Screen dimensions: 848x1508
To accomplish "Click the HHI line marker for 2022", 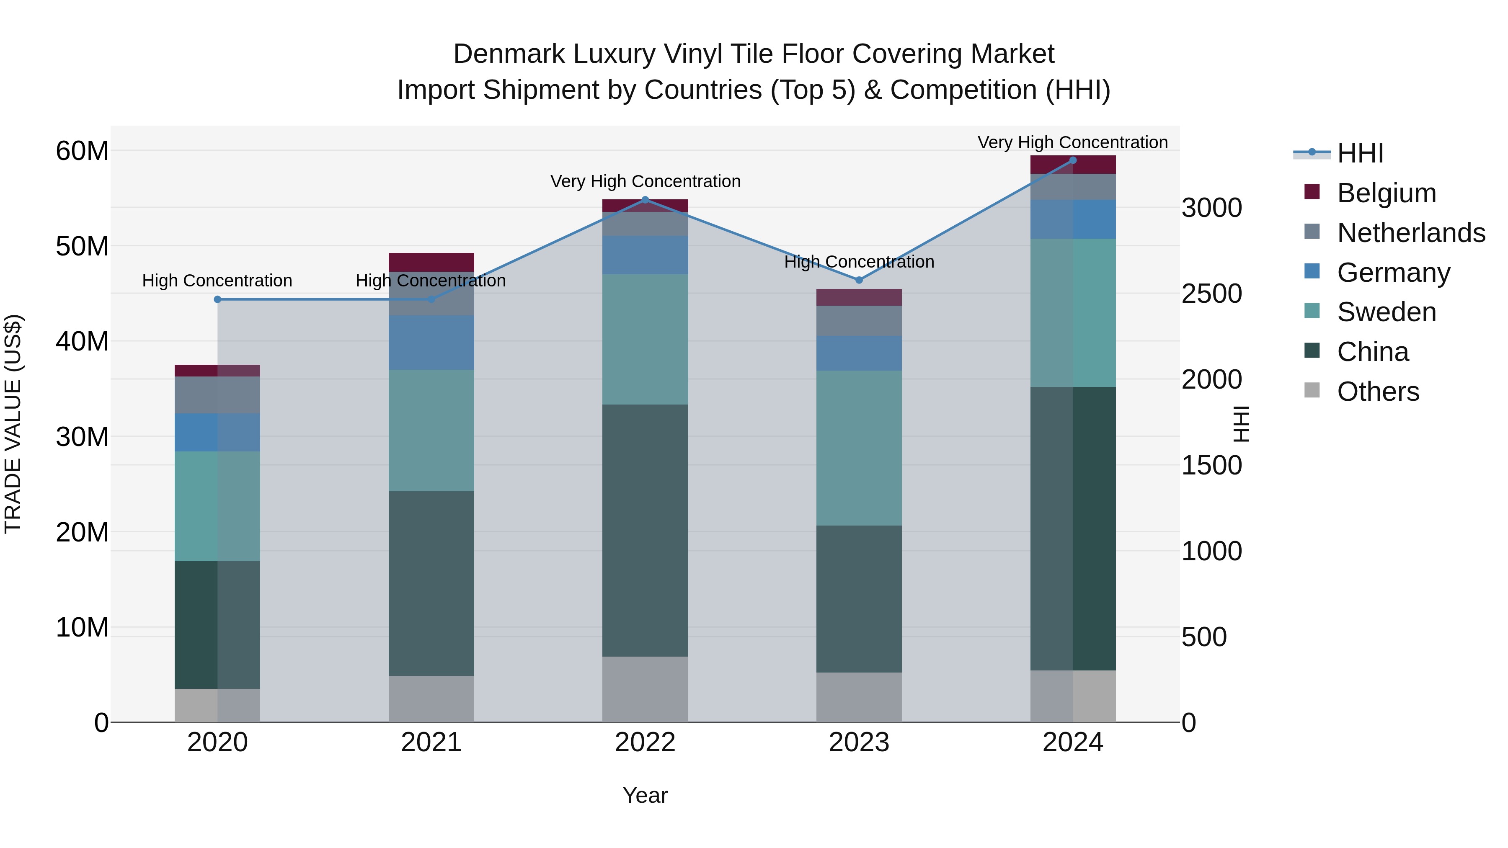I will pyautogui.click(x=645, y=200).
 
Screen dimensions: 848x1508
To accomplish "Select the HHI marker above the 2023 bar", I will pyautogui.click(x=859, y=280).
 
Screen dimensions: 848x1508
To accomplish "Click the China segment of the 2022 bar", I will pyautogui.click(x=645, y=530).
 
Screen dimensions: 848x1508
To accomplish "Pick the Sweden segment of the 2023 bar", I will pyautogui.click(x=859, y=448).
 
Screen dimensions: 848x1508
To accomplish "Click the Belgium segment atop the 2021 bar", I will pyautogui.click(x=431, y=262).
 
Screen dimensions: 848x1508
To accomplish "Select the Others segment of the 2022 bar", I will pyautogui.click(x=645, y=689).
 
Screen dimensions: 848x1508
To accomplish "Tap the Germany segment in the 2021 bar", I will pyautogui.click(x=431, y=343).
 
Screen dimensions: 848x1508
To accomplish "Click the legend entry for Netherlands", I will pyautogui.click(x=1411, y=233).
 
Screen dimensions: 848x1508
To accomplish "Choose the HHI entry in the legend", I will pyautogui.click(x=1360, y=153).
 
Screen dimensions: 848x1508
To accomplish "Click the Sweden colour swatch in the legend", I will pyautogui.click(x=1312, y=311).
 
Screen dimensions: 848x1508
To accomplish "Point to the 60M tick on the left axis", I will pyautogui.click(x=82, y=151).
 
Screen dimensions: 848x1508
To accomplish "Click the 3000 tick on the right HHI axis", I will pyautogui.click(x=1211, y=208).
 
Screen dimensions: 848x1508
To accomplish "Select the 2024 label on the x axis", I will pyautogui.click(x=1072, y=742).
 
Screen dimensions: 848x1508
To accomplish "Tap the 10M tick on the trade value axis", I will pyautogui.click(x=82, y=627).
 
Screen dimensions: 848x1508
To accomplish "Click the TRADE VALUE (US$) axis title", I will pyautogui.click(x=13, y=424).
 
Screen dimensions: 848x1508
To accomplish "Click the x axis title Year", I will pyautogui.click(x=645, y=795).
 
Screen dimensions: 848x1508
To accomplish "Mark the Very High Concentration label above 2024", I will pyautogui.click(x=1072, y=142).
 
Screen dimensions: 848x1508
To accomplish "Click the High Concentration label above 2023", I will pyautogui.click(x=859, y=262).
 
